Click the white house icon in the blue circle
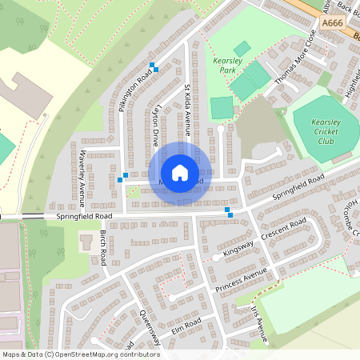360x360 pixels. (180, 172)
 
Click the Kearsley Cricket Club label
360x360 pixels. (315, 131)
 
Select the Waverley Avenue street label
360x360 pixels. (82, 173)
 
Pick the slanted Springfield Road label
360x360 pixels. (298, 186)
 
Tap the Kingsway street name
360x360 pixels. (239, 250)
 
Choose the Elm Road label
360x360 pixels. (186, 326)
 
